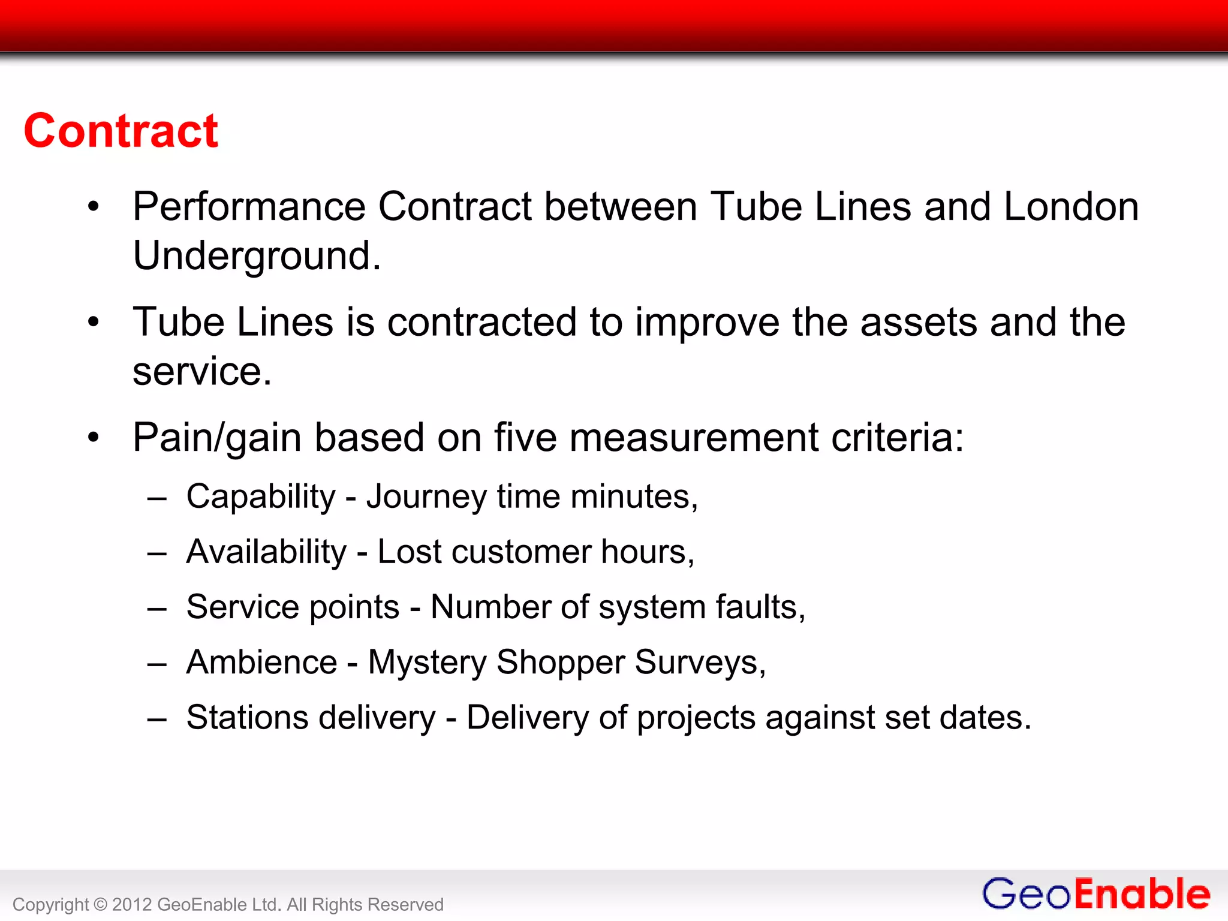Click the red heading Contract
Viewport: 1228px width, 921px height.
point(121,131)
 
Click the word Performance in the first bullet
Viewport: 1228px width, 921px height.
point(249,207)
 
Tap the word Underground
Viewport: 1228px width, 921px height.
point(256,256)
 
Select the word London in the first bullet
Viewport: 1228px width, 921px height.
point(1071,207)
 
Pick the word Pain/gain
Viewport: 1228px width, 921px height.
point(216,438)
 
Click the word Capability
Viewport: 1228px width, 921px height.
point(261,497)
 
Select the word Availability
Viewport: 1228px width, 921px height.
point(266,552)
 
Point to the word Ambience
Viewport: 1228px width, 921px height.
point(262,663)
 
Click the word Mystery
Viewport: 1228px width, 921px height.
point(427,663)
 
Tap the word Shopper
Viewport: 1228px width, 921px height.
point(561,663)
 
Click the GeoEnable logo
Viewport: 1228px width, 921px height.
point(1095,894)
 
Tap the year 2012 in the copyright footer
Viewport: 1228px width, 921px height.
point(131,905)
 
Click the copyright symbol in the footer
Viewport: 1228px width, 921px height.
point(100,905)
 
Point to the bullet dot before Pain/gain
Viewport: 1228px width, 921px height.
point(93,438)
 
